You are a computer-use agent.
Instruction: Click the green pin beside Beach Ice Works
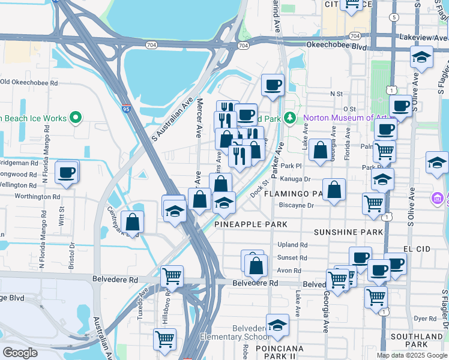click(76, 118)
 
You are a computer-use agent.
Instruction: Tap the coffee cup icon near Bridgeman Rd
click(67, 173)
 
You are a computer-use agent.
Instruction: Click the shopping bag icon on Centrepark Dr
click(132, 223)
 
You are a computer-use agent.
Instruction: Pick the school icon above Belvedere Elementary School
click(277, 326)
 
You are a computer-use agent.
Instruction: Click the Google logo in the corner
click(20, 353)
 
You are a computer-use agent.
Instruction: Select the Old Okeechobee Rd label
click(29, 82)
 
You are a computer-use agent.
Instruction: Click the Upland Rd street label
click(292, 245)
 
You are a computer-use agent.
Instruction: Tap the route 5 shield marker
click(394, 17)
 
